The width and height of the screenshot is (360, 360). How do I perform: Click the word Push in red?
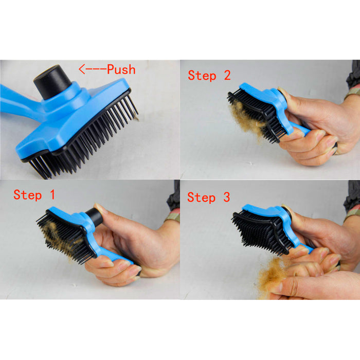pos(121,69)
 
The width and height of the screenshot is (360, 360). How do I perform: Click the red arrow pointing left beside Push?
pos(93,69)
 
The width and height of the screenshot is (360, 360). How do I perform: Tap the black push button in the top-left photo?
pos(52,82)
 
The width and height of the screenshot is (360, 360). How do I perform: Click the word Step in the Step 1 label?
pos(28,195)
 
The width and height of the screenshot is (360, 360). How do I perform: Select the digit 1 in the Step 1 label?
pos(52,194)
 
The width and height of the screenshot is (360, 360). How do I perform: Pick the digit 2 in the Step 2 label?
pos(227,75)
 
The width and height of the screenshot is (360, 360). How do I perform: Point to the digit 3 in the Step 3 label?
pos(227,197)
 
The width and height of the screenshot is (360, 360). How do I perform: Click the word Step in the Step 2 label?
pos(202,76)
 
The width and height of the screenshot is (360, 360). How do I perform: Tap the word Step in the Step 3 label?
pos(202,197)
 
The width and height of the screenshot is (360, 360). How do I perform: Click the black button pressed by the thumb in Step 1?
pos(94,217)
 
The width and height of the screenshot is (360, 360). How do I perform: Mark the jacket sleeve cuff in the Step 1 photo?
pos(173,217)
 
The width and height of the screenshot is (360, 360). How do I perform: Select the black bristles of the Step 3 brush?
pos(259,232)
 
